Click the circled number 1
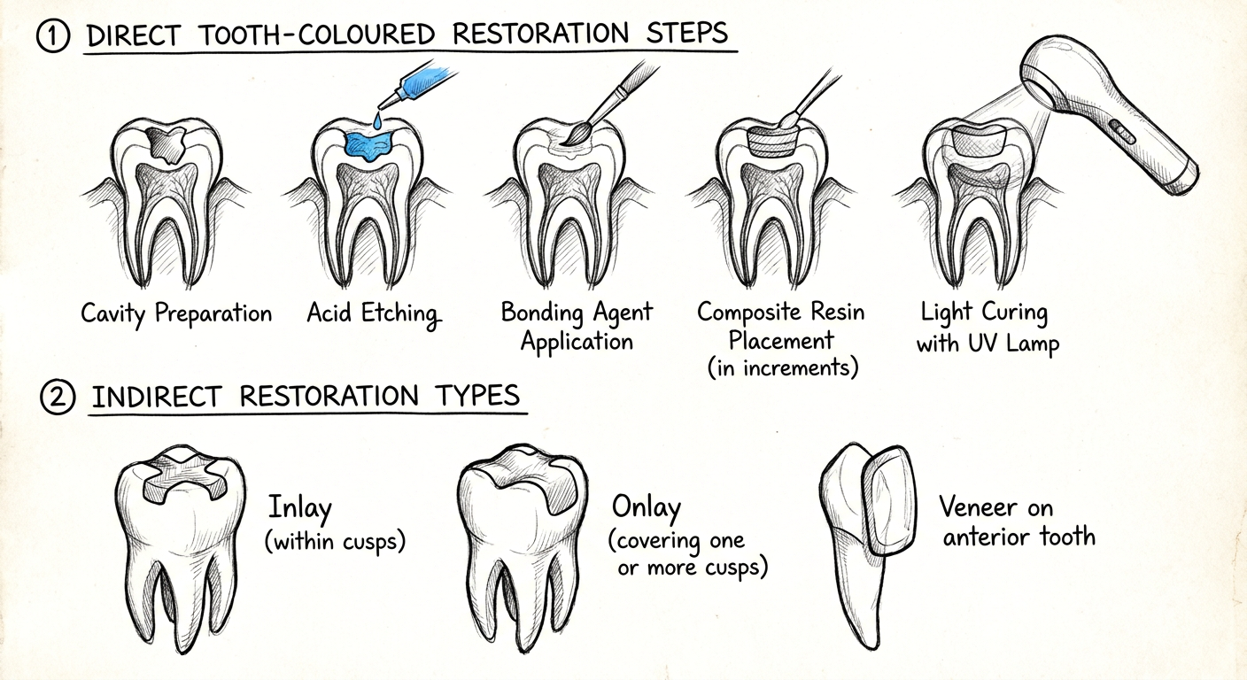point(53,35)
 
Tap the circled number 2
point(58,398)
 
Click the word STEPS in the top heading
point(687,33)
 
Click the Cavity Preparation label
point(176,313)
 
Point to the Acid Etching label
point(374,313)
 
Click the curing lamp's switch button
point(1123,133)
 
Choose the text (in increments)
point(783,367)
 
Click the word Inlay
point(300,508)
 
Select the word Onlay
point(647,508)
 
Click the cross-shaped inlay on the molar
point(183,478)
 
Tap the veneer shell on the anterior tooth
point(889,499)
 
